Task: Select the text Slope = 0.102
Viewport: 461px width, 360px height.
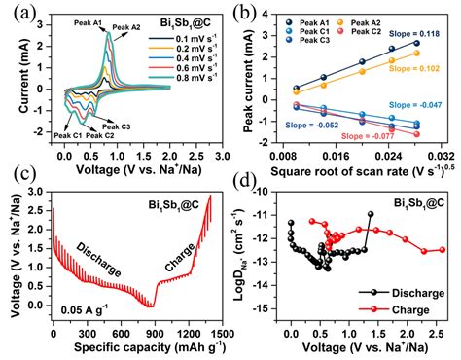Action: pyautogui.click(x=411, y=69)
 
